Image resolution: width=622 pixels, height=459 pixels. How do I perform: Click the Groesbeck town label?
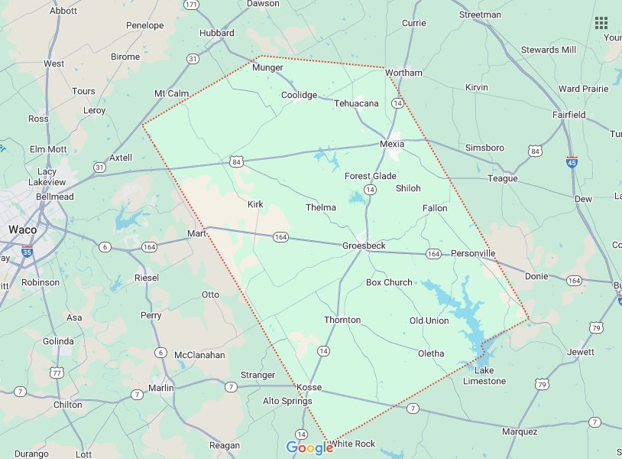tap(364, 246)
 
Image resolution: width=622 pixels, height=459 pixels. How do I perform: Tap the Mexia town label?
tap(392, 144)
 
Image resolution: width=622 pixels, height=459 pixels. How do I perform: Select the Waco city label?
tap(23, 229)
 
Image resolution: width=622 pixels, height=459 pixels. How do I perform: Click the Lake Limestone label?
tap(484, 376)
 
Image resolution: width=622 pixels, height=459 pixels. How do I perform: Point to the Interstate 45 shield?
tap(572, 162)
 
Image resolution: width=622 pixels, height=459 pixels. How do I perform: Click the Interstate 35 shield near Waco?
tap(27, 250)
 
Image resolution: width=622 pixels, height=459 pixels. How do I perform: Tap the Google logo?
tap(309, 448)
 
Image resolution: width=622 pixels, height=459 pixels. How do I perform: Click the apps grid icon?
tap(601, 22)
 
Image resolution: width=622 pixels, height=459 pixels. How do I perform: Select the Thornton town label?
tap(342, 320)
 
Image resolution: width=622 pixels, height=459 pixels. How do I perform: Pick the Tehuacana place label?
tap(356, 103)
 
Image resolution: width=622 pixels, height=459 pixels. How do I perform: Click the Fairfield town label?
tap(569, 115)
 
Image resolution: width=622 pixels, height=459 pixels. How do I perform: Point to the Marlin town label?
tap(161, 388)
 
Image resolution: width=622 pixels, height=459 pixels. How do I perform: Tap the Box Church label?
tap(389, 282)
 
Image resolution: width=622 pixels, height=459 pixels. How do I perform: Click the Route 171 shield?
tap(192, 5)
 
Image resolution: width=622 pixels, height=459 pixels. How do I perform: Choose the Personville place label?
tap(473, 253)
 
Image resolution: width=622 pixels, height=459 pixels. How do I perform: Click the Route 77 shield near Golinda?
tap(57, 373)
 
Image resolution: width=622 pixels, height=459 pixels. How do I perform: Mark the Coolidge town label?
tap(299, 95)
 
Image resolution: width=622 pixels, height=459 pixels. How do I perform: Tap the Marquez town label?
tap(520, 431)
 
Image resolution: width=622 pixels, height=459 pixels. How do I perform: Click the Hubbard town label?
tap(216, 34)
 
